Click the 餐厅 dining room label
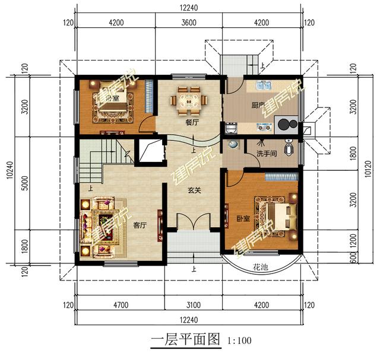click(x=191, y=123)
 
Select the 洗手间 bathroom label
click(x=267, y=154)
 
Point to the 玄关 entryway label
click(x=194, y=192)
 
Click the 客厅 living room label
click(x=140, y=225)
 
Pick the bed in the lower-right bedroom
click(x=277, y=214)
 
